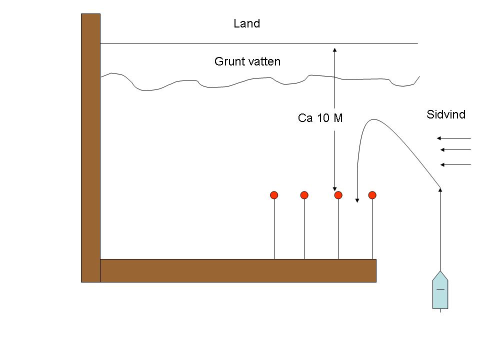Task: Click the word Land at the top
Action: click(247, 23)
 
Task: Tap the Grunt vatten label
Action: click(247, 61)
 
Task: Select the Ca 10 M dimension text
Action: click(320, 118)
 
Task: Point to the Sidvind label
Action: click(446, 114)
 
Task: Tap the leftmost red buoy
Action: click(274, 195)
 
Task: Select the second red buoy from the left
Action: click(304, 195)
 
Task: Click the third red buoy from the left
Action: click(338, 195)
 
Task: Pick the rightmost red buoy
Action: click(372, 195)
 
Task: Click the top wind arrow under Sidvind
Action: click(453, 138)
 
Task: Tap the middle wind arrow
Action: click(455, 149)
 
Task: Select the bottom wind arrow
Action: click(455, 164)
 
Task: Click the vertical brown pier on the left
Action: click(90, 147)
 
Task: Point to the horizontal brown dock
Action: click(238, 270)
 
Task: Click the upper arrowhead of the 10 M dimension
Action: click(334, 48)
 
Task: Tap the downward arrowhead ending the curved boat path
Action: click(357, 200)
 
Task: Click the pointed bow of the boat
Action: click(440, 273)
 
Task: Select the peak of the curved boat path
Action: click(371, 119)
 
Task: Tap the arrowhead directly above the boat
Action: click(440, 189)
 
